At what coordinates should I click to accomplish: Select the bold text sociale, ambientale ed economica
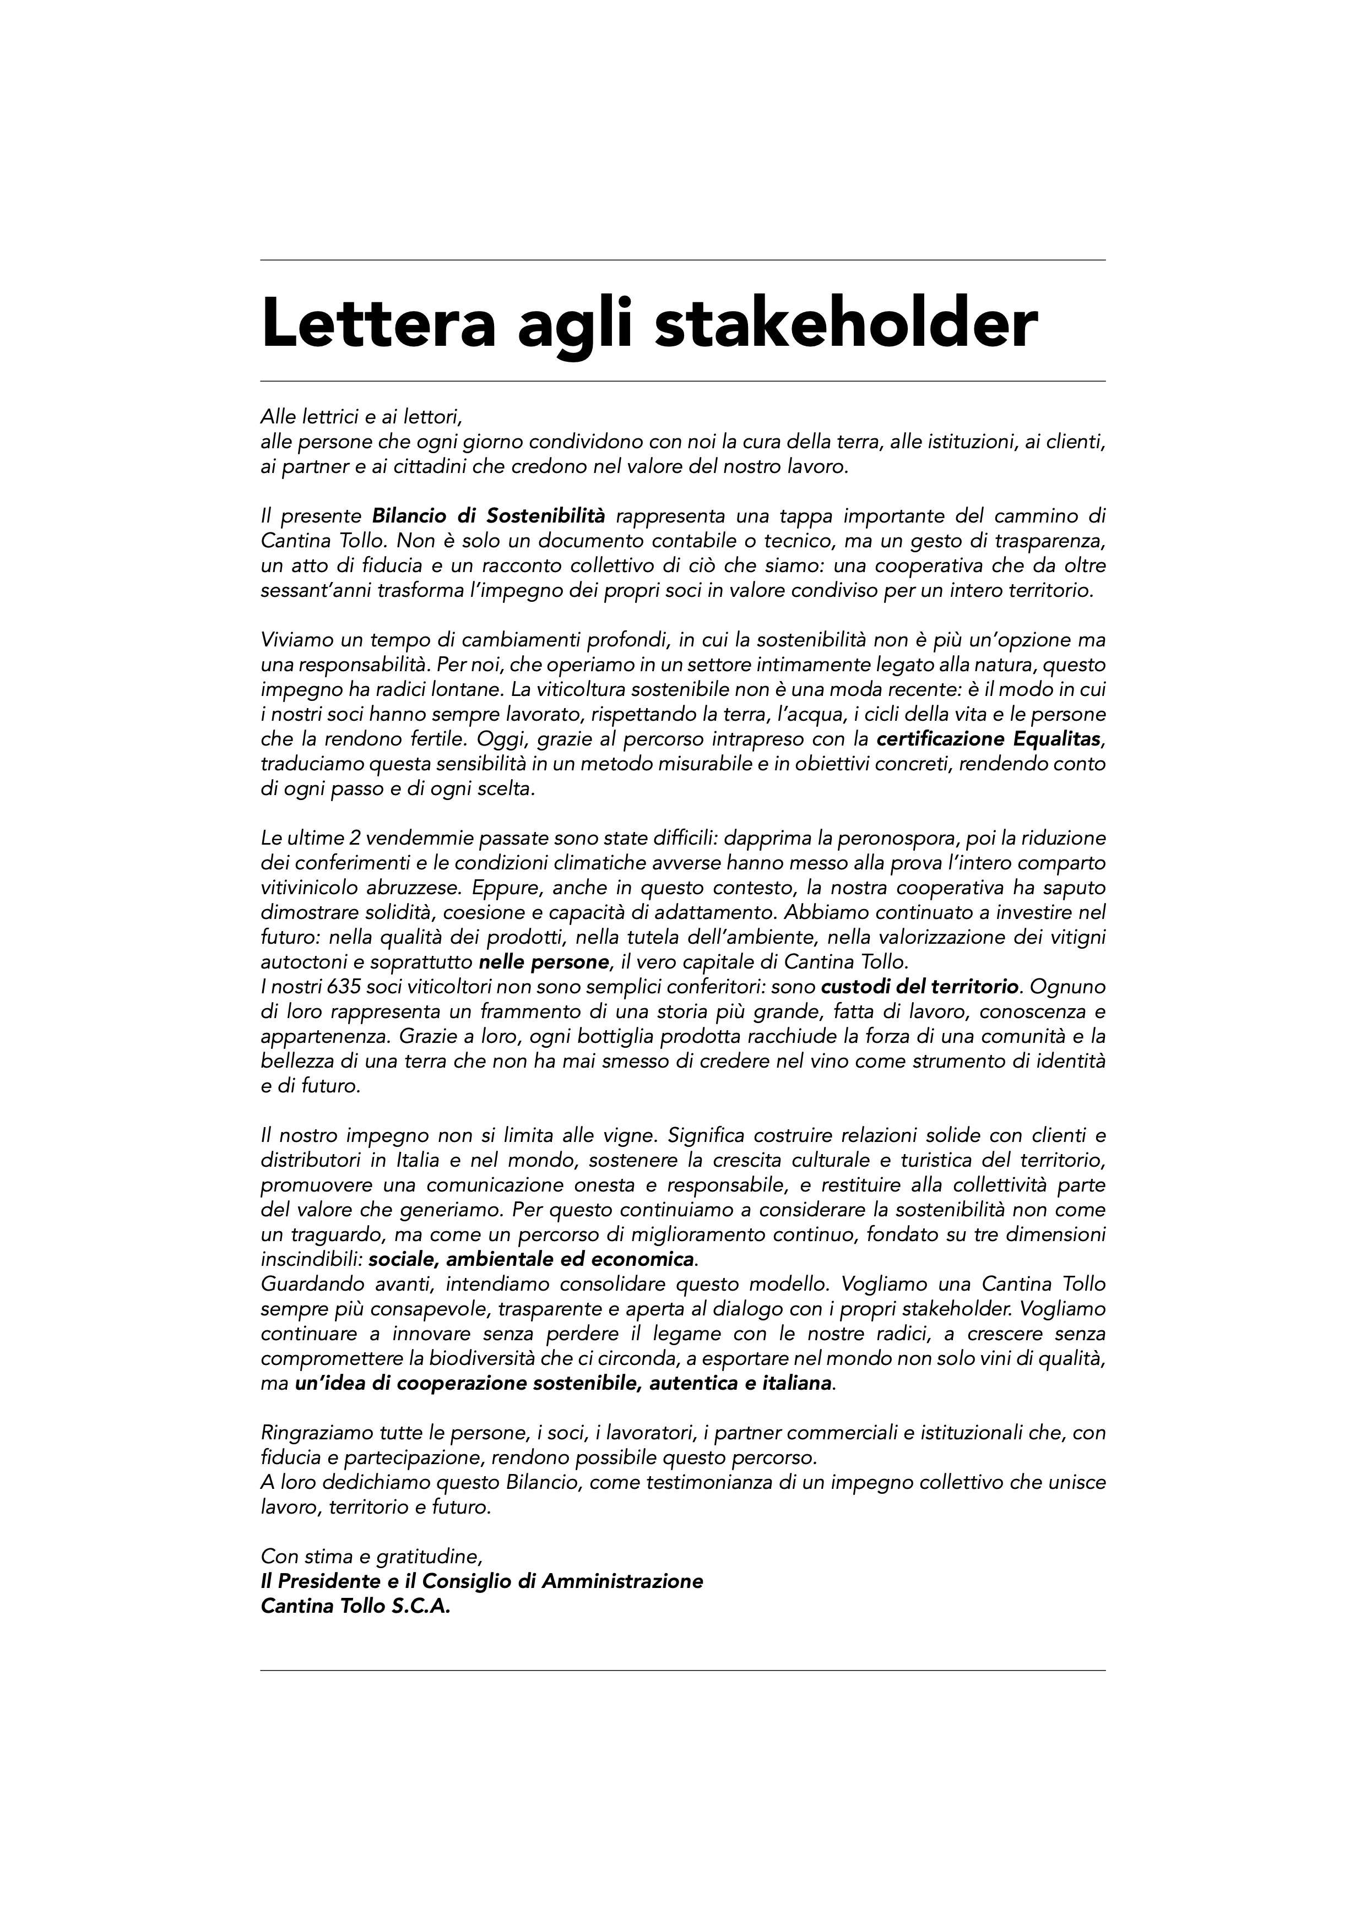point(532,1260)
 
